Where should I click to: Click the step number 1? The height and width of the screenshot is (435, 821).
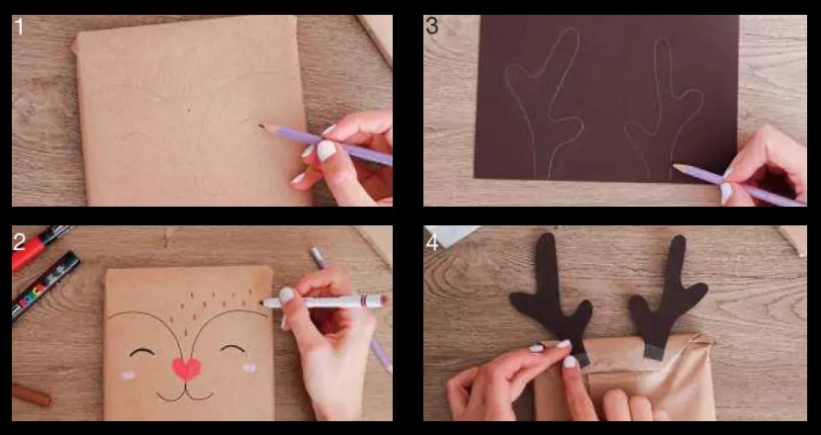pyautogui.click(x=20, y=26)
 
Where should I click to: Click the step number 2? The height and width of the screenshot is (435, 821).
pyautogui.click(x=19, y=242)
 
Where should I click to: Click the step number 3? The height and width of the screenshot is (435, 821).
pyautogui.click(x=432, y=26)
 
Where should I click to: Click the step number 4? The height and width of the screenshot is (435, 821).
pyautogui.click(x=432, y=242)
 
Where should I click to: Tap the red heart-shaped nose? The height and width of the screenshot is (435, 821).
pyautogui.click(x=186, y=369)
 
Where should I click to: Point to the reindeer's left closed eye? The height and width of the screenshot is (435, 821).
pyautogui.click(x=141, y=351)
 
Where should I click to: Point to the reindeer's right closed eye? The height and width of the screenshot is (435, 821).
pyautogui.click(x=232, y=348)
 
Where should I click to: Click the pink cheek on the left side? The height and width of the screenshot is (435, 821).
pyautogui.click(x=129, y=375)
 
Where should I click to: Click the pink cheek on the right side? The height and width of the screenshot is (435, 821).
pyautogui.click(x=249, y=368)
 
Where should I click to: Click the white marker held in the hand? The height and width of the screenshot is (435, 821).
pyautogui.click(x=324, y=302)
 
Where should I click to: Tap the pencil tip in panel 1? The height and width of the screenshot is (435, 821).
pyautogui.click(x=261, y=127)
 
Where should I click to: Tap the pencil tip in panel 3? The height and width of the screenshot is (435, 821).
pyautogui.click(x=676, y=166)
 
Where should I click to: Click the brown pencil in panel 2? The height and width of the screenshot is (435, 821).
pyautogui.click(x=32, y=395)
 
